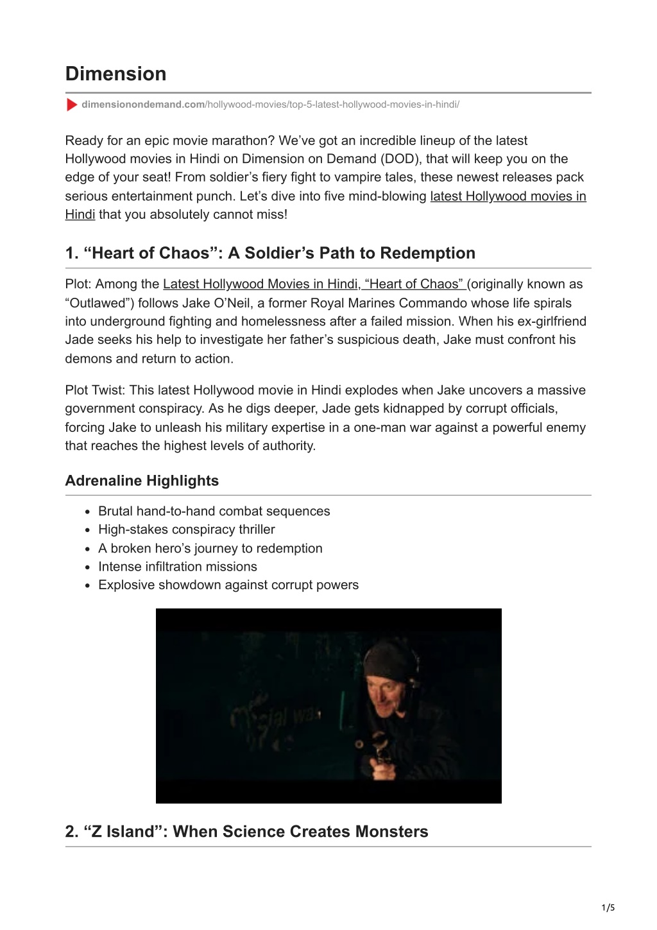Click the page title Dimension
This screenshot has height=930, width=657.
(115, 74)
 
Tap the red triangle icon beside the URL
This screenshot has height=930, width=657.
(71, 105)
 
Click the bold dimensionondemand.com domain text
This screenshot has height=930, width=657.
(143, 105)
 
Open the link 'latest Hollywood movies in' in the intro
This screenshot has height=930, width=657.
(508, 196)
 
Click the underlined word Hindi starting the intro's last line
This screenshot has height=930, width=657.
(80, 215)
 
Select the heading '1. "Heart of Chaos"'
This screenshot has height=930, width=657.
(270, 254)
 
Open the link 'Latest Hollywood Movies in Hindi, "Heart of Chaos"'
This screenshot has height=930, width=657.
(314, 284)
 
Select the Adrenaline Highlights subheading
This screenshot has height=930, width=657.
(142, 481)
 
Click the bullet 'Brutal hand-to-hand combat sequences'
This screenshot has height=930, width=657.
(214, 512)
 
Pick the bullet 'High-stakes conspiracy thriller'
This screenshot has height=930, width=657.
(186, 530)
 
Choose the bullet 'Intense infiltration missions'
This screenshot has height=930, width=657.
(177, 567)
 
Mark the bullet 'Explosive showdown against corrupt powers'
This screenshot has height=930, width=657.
(228, 585)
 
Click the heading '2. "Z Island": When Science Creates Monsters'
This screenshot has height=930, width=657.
(246, 832)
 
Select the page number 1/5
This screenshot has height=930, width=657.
(608, 908)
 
